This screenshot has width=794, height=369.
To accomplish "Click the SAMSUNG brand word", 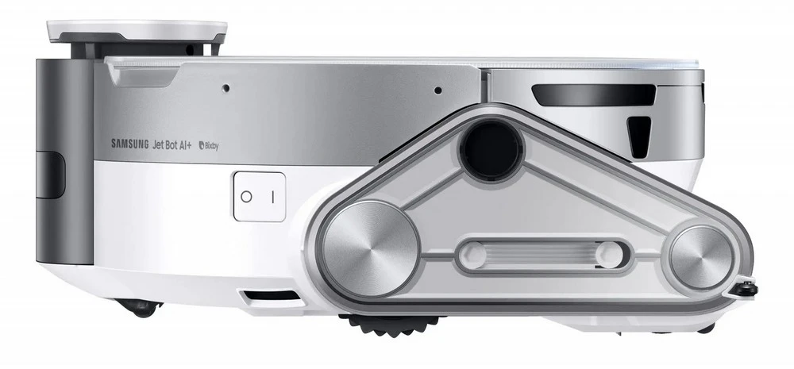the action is (x=130, y=144).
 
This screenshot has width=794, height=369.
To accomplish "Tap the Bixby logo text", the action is (x=209, y=146).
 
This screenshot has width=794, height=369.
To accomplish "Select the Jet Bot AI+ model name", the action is (x=172, y=144).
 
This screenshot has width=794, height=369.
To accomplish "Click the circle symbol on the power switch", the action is (x=246, y=196).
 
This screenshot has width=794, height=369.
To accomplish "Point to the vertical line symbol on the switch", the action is (x=272, y=197).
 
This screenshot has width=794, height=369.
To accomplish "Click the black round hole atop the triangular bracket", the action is (x=491, y=150).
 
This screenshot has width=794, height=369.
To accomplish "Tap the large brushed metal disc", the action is (x=370, y=248).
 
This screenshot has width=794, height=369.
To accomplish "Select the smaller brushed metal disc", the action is (x=701, y=258).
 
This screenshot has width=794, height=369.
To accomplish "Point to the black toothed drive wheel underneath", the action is (x=391, y=324).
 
